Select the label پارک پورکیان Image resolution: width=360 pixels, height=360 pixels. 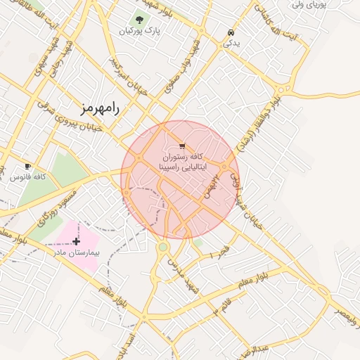pos(136,32)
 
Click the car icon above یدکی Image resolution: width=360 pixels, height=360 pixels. pos(231,32)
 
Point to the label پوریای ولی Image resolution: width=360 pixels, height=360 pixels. pos(309,5)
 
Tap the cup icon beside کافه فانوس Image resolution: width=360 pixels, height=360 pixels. pos(27,166)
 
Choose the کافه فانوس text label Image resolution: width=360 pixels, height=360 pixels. pos(28,176)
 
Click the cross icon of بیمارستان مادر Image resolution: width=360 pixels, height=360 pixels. pos(76,241)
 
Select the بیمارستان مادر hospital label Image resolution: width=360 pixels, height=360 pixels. pos(79,251)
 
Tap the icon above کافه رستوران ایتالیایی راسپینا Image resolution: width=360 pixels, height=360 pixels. pos(183,146)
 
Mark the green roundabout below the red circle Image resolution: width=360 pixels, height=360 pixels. pos(163,247)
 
